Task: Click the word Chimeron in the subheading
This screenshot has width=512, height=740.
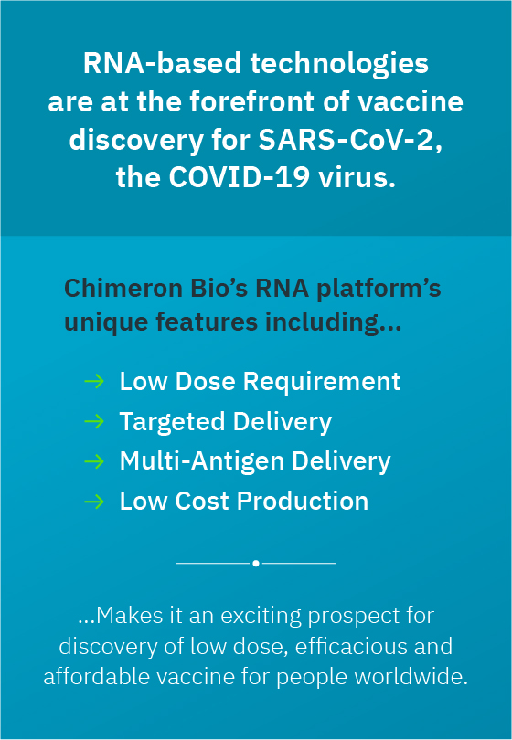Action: [123, 289]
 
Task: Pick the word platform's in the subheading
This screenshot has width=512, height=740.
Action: [379, 290]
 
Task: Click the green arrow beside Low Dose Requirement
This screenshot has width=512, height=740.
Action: [94, 381]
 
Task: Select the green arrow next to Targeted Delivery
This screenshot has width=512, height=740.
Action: [94, 421]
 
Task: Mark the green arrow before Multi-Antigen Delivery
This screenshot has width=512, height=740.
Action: [94, 461]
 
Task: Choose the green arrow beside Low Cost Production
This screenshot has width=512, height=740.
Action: [94, 502]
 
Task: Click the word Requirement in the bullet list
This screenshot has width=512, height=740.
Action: [321, 382]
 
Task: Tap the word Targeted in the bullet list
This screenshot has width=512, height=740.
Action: [173, 422]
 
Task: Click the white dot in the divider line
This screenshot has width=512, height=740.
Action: [255, 563]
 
